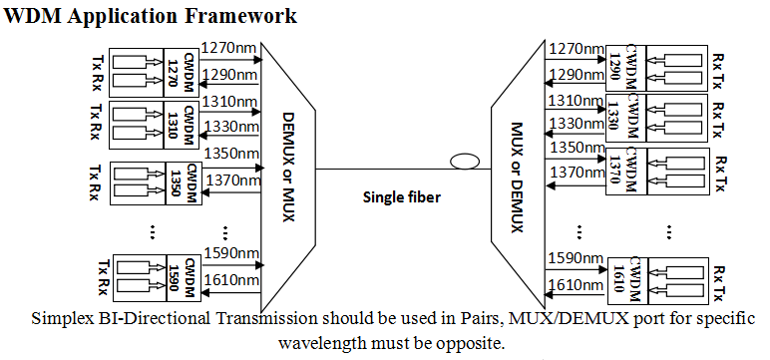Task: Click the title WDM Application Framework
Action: point(151,15)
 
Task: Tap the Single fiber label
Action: point(402,197)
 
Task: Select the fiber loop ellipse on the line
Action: point(465,162)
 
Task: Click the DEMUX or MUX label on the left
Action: point(289,167)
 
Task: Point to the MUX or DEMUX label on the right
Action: point(517,178)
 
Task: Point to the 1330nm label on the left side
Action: point(230,127)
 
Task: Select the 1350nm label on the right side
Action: point(577,148)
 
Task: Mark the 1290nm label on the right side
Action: point(577,74)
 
